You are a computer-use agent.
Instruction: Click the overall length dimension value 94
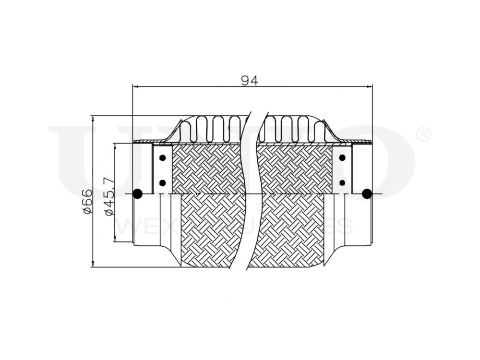[x=250, y=81]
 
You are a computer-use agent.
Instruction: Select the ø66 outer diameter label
[x=87, y=202]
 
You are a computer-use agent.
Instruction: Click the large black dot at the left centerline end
[x=137, y=194]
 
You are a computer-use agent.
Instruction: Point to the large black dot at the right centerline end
[x=367, y=194]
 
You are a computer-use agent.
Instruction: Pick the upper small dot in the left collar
[x=162, y=158]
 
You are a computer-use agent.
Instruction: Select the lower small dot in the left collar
[x=162, y=182]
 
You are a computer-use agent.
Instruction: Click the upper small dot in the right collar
[x=342, y=158]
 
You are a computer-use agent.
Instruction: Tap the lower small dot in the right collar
[x=342, y=182]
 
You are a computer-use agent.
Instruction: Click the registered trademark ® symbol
[x=422, y=135]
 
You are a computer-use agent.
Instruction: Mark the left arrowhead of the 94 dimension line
[x=135, y=87]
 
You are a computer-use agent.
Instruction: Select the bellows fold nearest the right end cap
[x=316, y=129]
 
